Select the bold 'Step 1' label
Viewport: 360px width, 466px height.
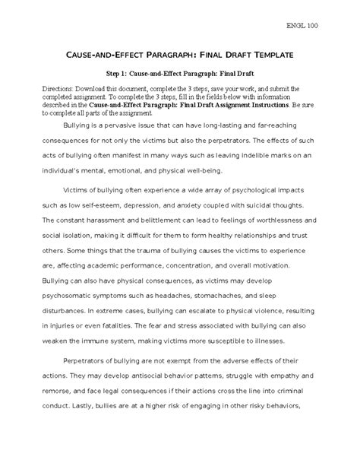121,74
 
